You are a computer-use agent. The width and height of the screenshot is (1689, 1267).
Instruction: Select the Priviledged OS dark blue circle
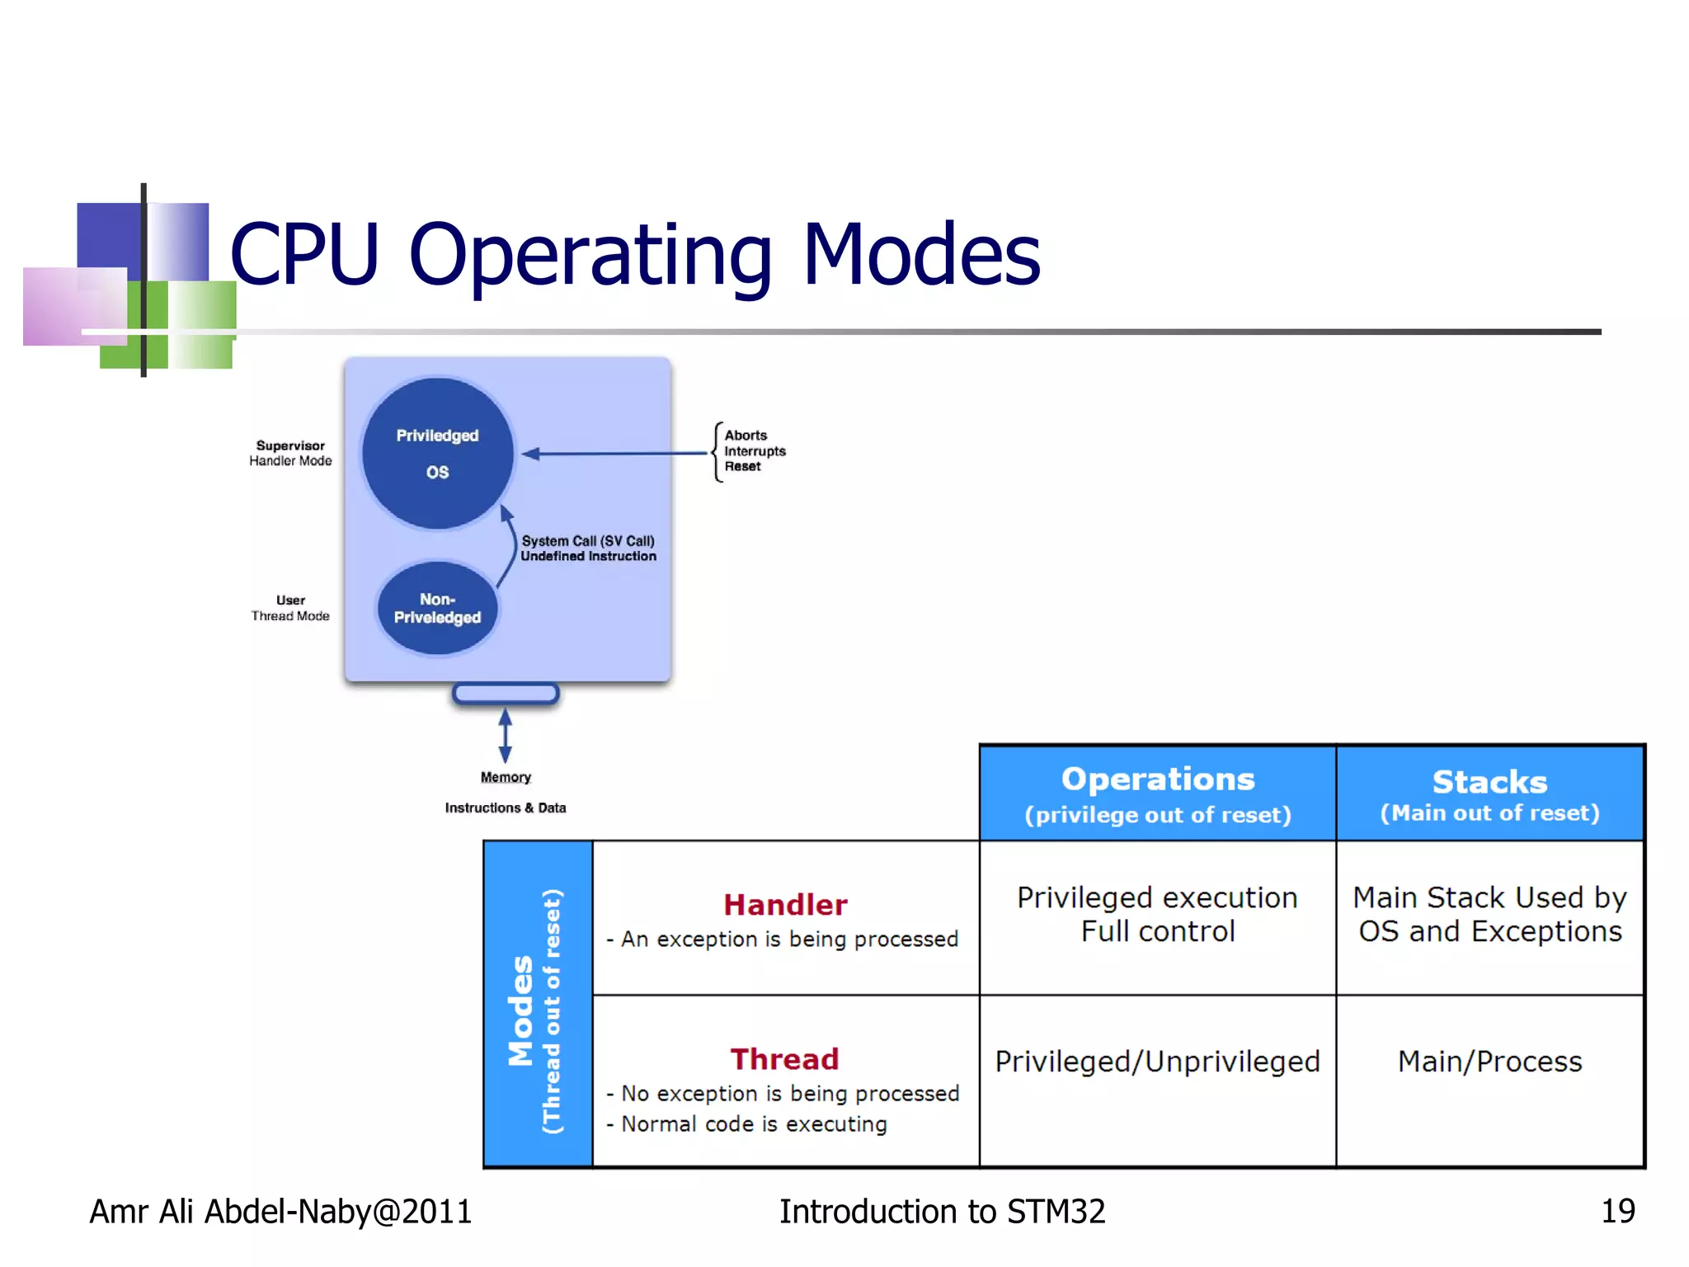438,453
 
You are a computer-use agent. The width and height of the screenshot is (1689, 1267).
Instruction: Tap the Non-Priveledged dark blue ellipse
437,609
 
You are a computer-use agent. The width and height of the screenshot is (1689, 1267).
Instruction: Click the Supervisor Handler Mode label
290,453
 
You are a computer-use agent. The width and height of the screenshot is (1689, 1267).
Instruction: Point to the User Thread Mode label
290,608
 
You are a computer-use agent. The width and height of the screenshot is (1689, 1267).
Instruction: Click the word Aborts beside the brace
746,435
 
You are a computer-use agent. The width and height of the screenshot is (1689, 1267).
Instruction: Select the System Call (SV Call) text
588,541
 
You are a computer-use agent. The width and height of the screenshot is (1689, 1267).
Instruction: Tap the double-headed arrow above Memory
506,735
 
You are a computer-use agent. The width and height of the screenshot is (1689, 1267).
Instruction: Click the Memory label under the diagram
506,777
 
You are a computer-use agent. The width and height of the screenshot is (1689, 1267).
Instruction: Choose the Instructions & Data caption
506,808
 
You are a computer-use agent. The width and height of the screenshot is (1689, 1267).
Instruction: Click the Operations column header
1157,780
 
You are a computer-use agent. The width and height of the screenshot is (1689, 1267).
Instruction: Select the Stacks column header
1489,782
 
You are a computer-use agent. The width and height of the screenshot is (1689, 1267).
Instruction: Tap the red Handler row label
785,905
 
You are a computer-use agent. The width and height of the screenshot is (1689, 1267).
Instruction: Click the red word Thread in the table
784,1059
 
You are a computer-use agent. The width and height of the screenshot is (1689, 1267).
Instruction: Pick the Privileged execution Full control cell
1157,914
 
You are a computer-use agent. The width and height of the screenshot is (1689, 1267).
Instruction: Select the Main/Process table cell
1489,1062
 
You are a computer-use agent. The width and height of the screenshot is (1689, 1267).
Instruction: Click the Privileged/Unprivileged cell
1157,1062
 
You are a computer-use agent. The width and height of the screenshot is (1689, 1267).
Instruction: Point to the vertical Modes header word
521,1010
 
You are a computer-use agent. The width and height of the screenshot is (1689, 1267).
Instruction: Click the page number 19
1617,1211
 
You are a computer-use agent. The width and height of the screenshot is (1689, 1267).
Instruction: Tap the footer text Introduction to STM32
942,1211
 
